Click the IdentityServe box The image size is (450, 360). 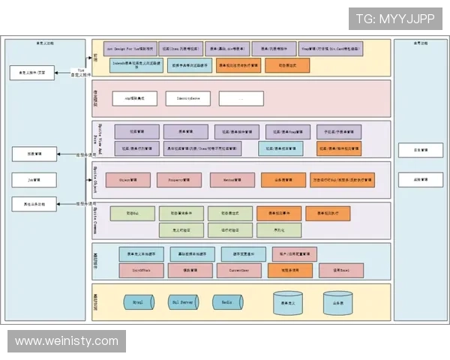point(188,98)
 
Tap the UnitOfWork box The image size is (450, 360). point(141,268)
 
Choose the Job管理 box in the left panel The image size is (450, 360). point(34,180)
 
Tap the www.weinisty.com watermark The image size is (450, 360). point(67,341)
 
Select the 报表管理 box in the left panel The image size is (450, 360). point(34,154)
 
